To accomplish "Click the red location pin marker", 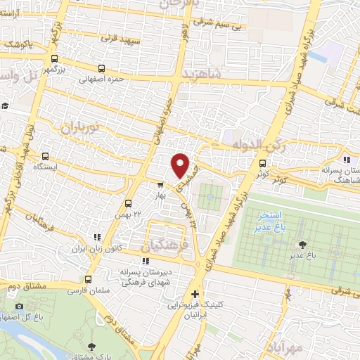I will click(181, 165).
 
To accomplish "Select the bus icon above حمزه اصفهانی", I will click(103, 69).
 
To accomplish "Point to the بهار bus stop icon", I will click(161, 186).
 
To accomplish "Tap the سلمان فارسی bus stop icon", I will click(88, 279).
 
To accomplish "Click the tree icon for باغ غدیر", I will click(303, 244).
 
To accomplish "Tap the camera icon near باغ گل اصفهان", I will click(19, 306).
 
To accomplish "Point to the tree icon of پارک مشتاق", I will click(92, 346).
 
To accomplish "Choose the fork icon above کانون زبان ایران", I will click(97, 238).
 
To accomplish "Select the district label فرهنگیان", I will click(165, 247).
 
